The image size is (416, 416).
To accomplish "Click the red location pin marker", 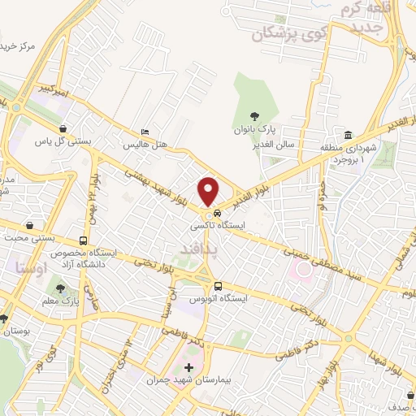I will pos(210,190).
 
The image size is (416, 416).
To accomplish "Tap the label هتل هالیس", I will pos(145,145).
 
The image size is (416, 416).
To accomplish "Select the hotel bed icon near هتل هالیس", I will pos(145,132).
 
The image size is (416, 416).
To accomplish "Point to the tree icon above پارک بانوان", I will pos(255,116).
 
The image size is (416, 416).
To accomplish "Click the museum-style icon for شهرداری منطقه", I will pos(347,135).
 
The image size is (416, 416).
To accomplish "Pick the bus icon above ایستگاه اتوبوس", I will pos(218,285).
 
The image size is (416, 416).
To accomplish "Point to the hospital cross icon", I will pos(189,367).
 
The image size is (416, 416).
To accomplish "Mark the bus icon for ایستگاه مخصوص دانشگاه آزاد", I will pos(84,241).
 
